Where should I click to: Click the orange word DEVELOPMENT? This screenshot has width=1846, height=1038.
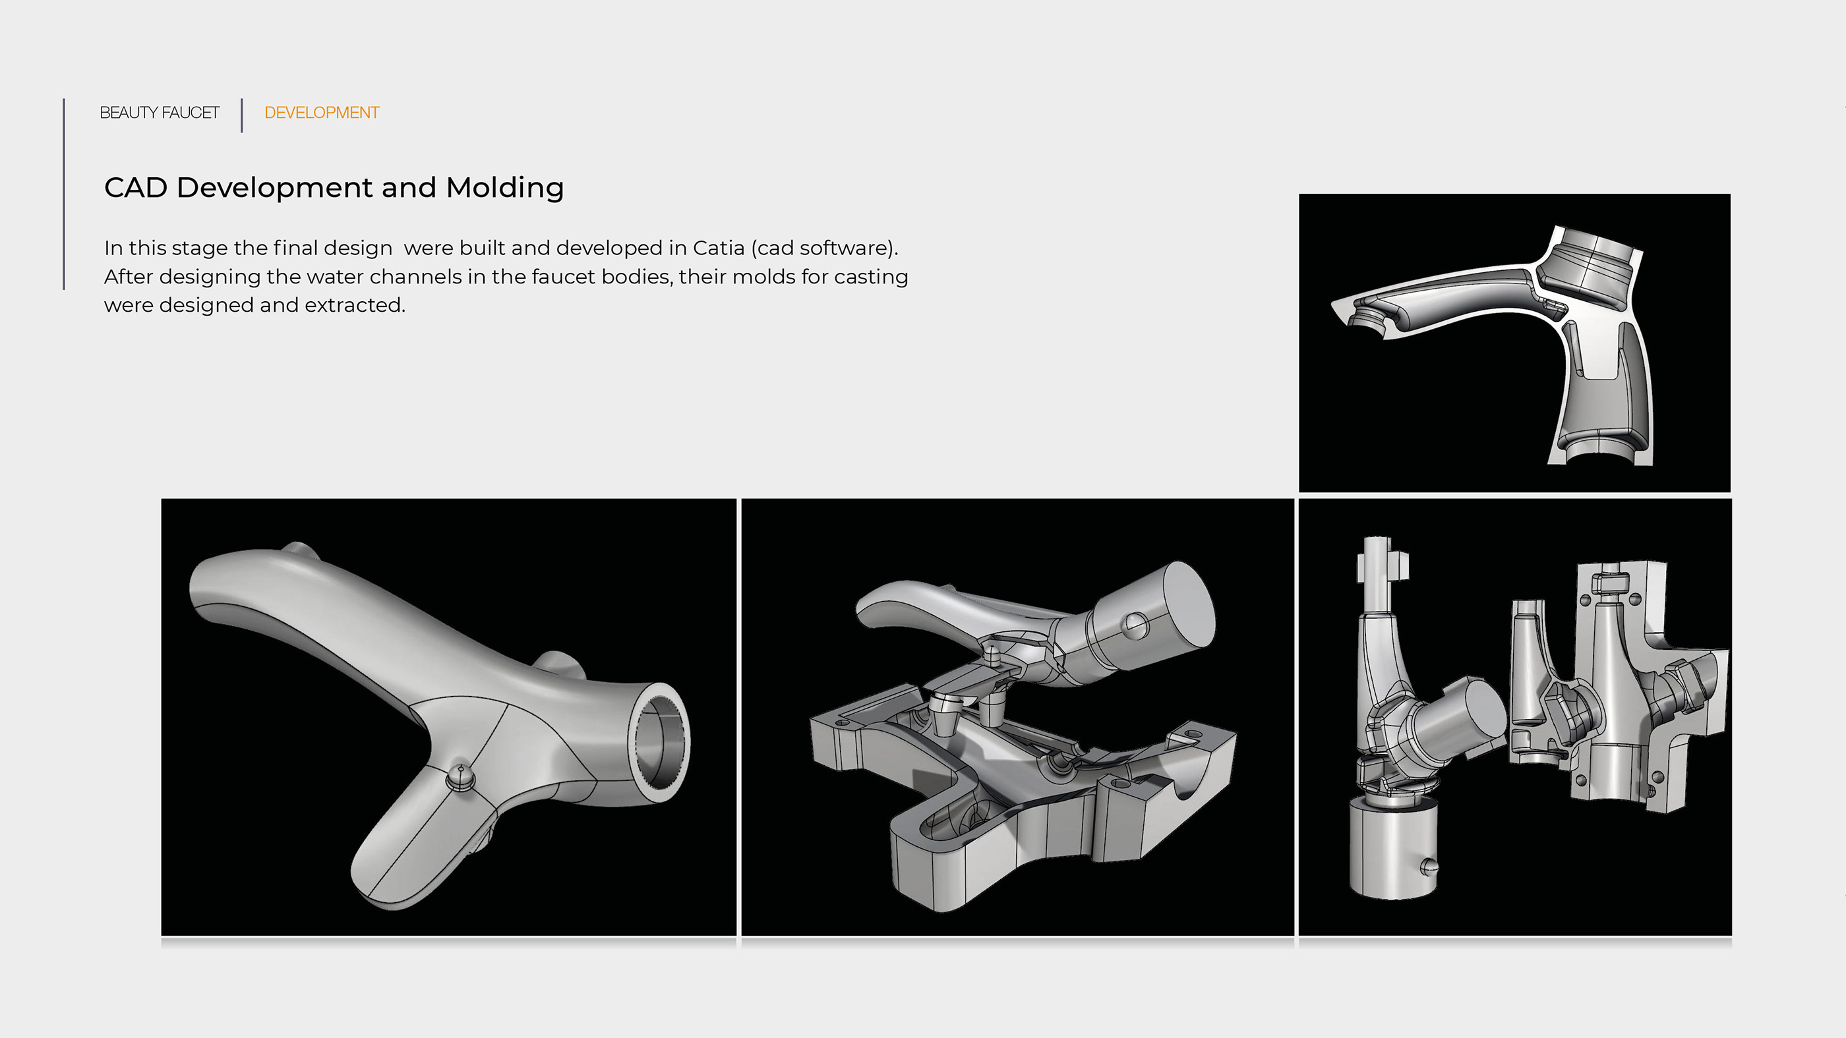[321, 113]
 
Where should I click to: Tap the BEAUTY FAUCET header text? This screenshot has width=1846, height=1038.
[159, 113]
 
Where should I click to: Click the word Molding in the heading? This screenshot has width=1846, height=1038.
[504, 188]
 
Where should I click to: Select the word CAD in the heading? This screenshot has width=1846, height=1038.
[135, 188]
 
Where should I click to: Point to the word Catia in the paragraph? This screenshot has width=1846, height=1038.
[718, 248]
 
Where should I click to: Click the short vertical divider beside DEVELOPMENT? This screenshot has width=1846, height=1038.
[242, 115]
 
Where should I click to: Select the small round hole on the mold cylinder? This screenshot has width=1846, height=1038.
[1137, 625]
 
